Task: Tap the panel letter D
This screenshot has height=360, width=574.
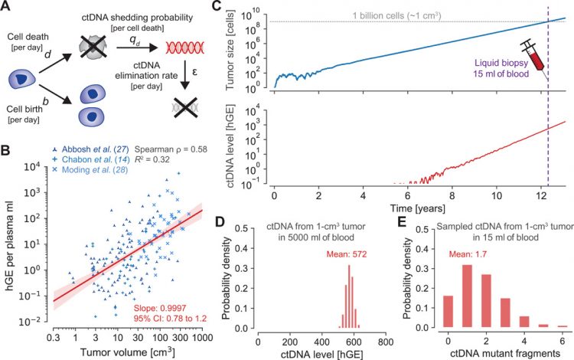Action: coord(240,225)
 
